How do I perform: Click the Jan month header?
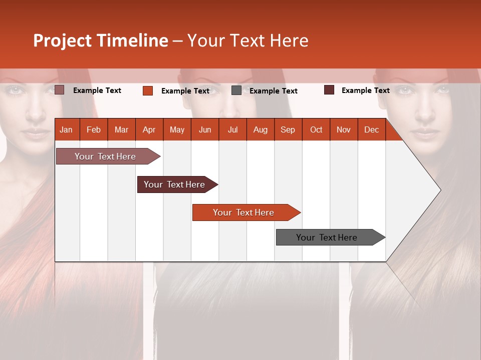(67, 129)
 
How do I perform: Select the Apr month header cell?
(149, 129)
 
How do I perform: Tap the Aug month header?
(260, 129)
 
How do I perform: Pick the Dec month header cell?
(371, 129)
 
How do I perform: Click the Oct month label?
(316, 129)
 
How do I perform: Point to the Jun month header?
(205, 129)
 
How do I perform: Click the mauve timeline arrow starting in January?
(105, 156)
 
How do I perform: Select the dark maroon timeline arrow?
(175, 184)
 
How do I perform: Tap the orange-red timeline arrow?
(244, 212)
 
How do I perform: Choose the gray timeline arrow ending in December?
(327, 237)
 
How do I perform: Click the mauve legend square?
(60, 90)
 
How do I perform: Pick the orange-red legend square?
(148, 90)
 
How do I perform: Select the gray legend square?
(236, 90)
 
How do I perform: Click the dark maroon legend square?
(329, 90)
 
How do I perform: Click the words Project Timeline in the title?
(100, 40)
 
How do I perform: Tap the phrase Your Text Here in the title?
(248, 40)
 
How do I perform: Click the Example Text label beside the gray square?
(274, 91)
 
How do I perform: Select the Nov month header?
(344, 129)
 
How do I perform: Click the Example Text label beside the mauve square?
(97, 90)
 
